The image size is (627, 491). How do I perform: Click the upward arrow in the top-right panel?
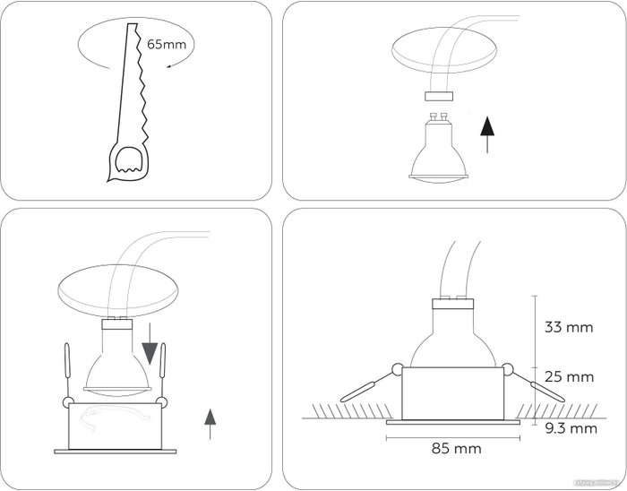pyautogui.click(x=486, y=134)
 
